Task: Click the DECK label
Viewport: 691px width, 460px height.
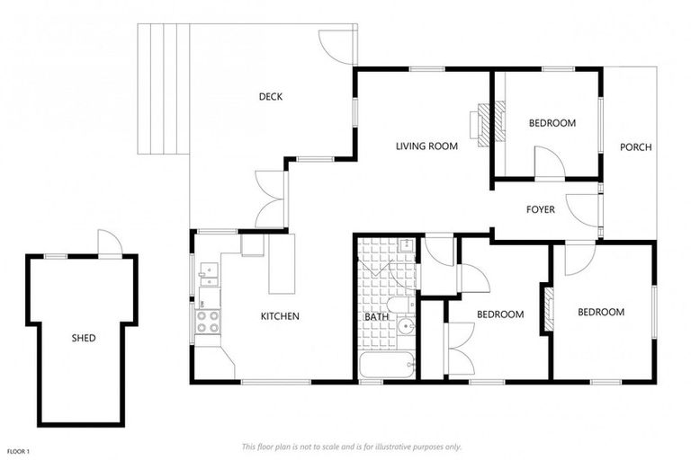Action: click(x=271, y=97)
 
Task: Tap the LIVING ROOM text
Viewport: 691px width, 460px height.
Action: click(x=427, y=146)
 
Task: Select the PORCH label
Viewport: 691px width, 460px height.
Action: click(x=635, y=147)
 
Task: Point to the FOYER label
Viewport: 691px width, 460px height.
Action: click(x=540, y=209)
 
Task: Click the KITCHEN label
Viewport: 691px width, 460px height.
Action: click(x=280, y=316)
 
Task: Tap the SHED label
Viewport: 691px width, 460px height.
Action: click(x=84, y=338)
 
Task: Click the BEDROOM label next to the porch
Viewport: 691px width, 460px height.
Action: click(x=552, y=123)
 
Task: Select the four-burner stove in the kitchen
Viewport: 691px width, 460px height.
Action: click(x=208, y=321)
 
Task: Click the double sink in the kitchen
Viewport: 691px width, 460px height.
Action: click(x=208, y=273)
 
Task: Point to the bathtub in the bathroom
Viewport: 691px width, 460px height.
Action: click(x=387, y=367)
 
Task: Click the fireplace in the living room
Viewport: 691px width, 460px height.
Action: click(x=485, y=124)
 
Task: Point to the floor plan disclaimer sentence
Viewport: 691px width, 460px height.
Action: click(x=351, y=447)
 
